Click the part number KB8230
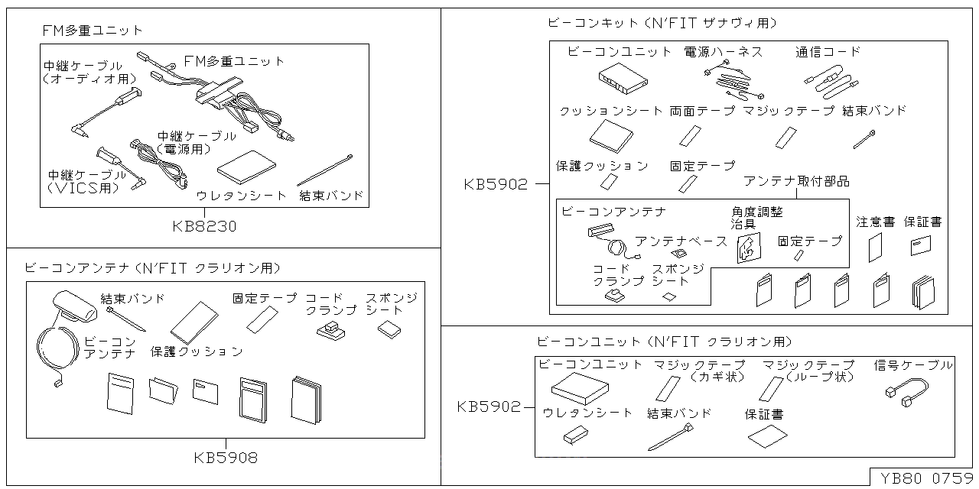click(204, 226)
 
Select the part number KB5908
click(226, 458)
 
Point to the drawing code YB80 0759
click(925, 478)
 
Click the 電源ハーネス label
click(723, 52)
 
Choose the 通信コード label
click(828, 52)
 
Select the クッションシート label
click(611, 111)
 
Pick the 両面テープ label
click(702, 111)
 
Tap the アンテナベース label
click(681, 241)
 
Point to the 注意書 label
click(875, 222)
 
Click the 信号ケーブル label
click(913, 365)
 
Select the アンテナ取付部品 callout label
click(796, 182)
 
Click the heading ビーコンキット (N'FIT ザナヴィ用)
click(662, 24)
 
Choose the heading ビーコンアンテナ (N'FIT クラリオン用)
click(153, 268)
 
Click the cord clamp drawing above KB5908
click(331, 329)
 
